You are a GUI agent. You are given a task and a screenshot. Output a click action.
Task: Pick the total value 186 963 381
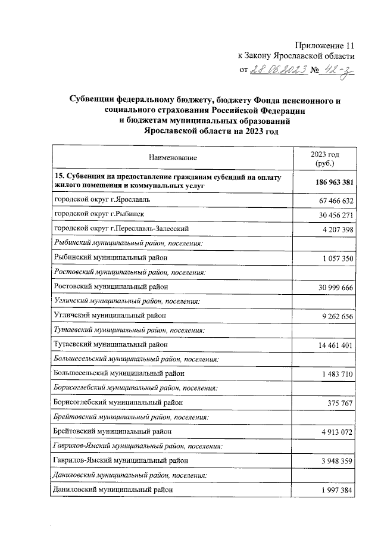(x=330, y=182)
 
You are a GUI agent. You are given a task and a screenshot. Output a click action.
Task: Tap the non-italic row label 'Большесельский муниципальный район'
(x=119, y=373)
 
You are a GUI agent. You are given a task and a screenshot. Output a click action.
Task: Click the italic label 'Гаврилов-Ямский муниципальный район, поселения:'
(x=138, y=445)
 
